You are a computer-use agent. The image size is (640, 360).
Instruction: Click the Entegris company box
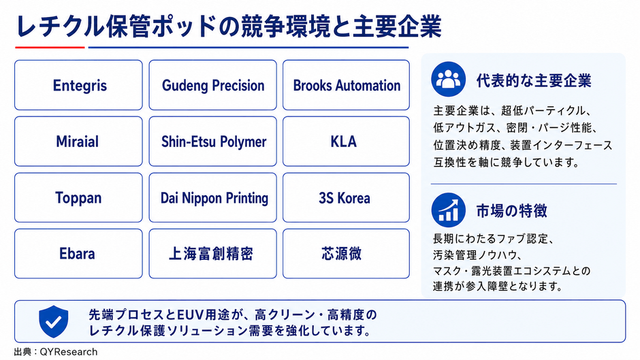78,85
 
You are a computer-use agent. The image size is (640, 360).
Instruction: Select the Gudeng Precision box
212,85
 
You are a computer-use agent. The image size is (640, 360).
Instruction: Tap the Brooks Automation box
346,85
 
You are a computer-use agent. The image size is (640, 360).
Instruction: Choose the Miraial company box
78,142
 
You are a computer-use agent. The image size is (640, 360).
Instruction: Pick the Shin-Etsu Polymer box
212,142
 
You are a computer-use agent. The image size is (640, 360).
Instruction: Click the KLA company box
346,142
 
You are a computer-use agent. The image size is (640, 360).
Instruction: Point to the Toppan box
78,197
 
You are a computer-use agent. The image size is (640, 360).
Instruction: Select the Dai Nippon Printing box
212,197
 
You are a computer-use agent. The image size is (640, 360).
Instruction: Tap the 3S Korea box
346,197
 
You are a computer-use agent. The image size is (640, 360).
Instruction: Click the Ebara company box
78,253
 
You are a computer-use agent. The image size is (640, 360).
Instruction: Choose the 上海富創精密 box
212,253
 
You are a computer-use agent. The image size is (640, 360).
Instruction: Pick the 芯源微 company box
346,253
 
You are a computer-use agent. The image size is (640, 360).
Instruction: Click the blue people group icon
448,79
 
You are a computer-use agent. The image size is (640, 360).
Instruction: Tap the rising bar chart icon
448,210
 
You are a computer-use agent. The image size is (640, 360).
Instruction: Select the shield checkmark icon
54,322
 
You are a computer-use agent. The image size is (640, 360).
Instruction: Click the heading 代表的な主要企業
534,80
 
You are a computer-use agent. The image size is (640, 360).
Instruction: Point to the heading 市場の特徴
511,210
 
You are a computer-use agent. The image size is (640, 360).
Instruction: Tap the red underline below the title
50,48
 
